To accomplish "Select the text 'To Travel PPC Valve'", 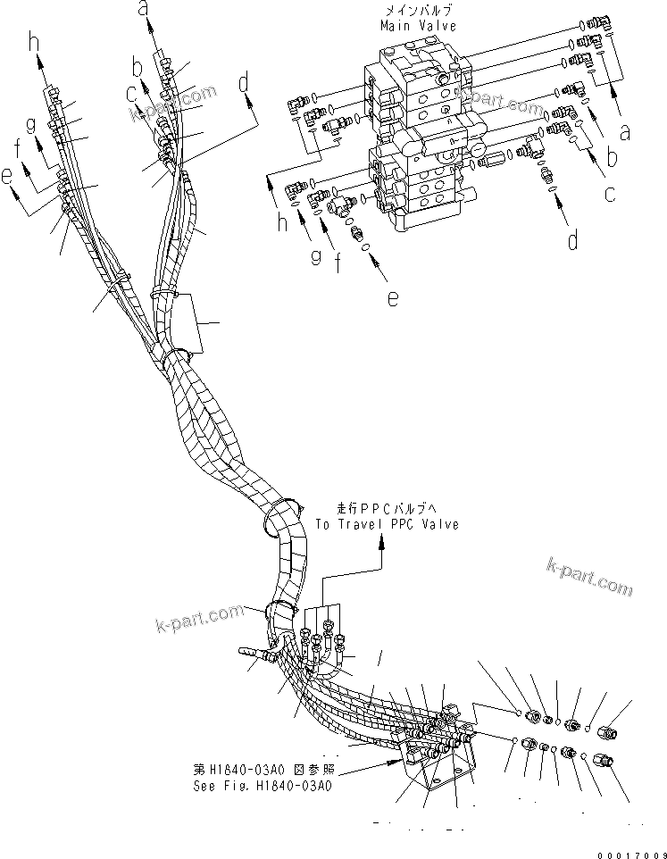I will [x=387, y=524].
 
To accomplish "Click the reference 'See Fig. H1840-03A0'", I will [x=262, y=787].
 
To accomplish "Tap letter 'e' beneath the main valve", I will [x=393, y=300].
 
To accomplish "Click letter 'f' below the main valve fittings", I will [x=338, y=265].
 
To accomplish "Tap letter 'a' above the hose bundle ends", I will [x=142, y=11].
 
